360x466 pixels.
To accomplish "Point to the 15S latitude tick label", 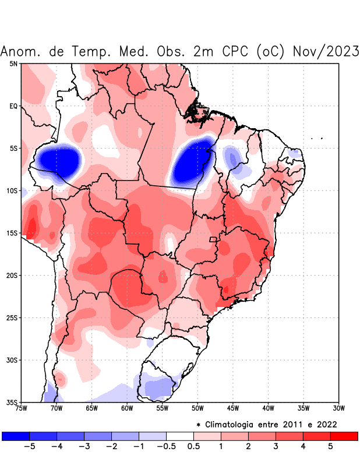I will tap(13, 233).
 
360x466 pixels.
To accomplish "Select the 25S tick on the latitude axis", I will tap(13, 317).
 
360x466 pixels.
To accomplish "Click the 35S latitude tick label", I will tap(13, 402).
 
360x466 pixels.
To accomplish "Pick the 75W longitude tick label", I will tap(21, 408).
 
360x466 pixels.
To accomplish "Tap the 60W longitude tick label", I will tap(127, 408).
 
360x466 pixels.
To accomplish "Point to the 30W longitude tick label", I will tap(339, 408).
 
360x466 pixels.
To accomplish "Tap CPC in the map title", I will tap(236, 51).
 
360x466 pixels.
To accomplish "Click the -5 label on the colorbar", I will tap(29, 446).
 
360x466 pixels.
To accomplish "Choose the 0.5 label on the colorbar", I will tap(193, 446).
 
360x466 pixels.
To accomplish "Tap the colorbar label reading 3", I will tap(276, 446).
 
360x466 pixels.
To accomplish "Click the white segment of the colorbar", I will tap(179, 436).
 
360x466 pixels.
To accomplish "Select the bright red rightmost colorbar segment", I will tap(344, 436).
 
